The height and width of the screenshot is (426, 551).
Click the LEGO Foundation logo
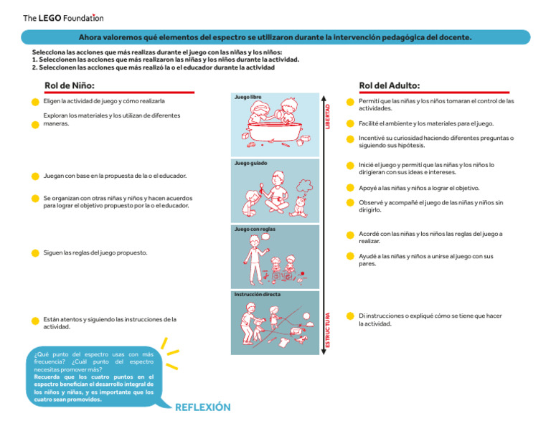point(63,18)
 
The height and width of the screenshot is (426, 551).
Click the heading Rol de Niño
point(70,85)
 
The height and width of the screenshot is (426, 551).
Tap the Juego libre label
point(248,96)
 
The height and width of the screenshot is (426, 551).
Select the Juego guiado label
point(250,163)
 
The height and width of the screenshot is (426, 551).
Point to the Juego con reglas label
point(255,229)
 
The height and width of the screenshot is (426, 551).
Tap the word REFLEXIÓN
point(203,407)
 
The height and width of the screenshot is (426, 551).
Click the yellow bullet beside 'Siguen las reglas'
point(35,253)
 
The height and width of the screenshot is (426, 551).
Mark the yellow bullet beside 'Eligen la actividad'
point(35,102)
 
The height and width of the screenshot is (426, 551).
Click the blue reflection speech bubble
point(93,377)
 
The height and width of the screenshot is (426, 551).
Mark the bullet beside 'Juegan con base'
point(35,176)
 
